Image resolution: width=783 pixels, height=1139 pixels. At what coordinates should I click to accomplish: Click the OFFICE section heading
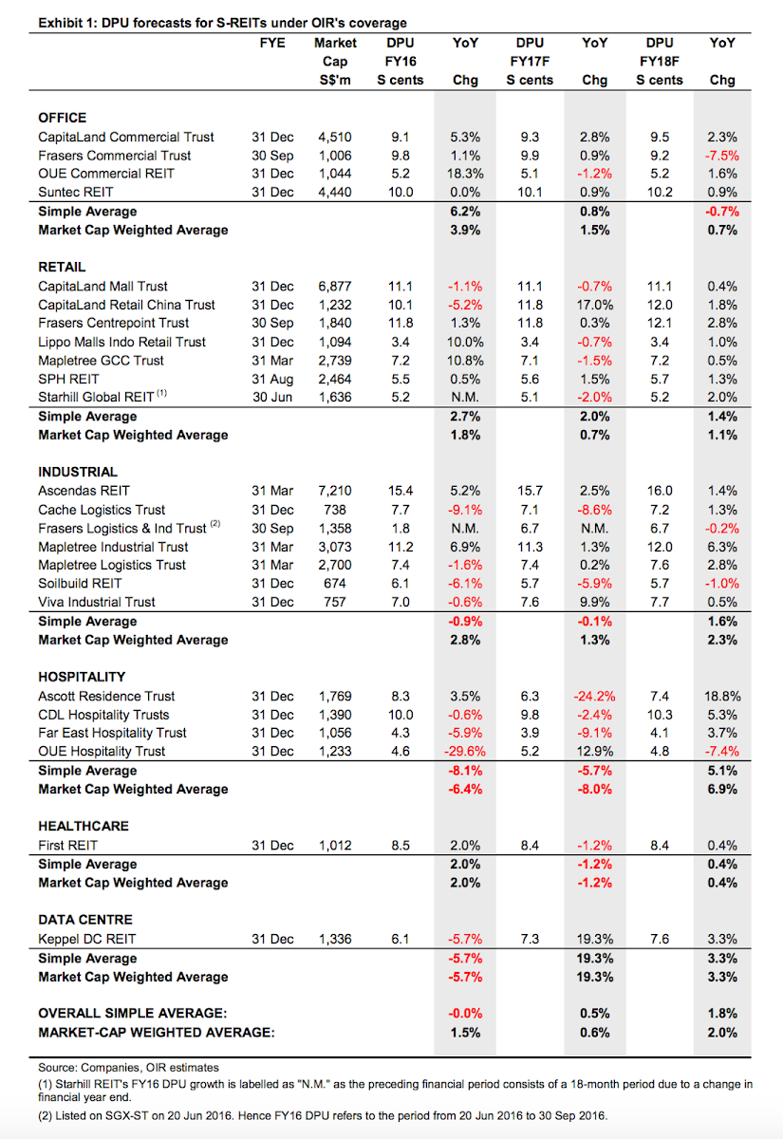coord(62,118)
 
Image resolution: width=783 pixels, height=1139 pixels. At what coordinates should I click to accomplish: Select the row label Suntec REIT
coord(75,192)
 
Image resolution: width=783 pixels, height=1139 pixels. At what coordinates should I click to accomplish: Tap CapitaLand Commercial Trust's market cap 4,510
coord(334,137)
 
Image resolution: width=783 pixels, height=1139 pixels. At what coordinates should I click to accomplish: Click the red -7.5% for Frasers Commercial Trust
coord(722,156)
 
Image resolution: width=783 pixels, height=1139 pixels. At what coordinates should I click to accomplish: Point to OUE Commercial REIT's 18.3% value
coord(465,174)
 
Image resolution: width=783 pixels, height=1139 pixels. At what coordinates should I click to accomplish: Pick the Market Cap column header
coord(335,61)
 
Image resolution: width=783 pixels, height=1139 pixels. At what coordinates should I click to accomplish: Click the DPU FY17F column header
coord(530,61)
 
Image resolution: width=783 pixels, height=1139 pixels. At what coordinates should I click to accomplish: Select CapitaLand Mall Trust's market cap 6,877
coord(334,287)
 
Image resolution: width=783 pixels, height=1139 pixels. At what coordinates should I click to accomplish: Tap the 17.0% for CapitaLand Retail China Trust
coord(595,305)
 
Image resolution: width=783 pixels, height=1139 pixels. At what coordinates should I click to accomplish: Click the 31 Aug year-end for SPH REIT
coord(272,379)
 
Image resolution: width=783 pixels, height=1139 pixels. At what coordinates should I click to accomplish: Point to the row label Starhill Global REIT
coord(96,397)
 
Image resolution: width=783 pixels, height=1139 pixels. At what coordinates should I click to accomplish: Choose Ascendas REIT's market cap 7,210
coord(334,491)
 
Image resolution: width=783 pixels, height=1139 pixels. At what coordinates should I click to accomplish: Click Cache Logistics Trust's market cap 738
coord(334,510)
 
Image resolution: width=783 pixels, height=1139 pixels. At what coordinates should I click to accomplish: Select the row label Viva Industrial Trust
coord(97,602)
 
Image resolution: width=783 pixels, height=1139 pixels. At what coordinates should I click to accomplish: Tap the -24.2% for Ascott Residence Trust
coord(595,696)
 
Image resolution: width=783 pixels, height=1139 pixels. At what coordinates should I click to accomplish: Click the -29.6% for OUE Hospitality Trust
coord(465,751)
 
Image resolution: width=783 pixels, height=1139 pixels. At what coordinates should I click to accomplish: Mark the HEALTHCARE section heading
coord(84,826)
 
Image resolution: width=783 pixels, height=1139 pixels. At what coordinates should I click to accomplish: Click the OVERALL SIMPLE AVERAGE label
coord(133,1013)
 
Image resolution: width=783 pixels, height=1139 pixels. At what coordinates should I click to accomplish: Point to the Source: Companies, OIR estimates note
coord(129,1067)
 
